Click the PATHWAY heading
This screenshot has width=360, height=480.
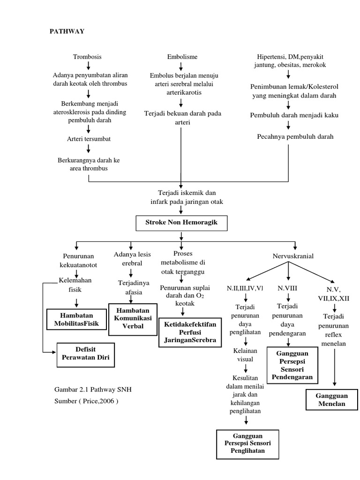point(67,31)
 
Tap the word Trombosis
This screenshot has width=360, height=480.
point(87,57)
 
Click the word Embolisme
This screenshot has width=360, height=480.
point(182,57)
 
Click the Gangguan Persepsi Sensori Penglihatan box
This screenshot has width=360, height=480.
point(248,443)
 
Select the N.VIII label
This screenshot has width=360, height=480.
point(287,288)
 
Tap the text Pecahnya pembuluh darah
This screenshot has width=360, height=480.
point(289,137)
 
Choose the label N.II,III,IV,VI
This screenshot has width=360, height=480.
point(245,287)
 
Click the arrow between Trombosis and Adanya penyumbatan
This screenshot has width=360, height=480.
point(88,66)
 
